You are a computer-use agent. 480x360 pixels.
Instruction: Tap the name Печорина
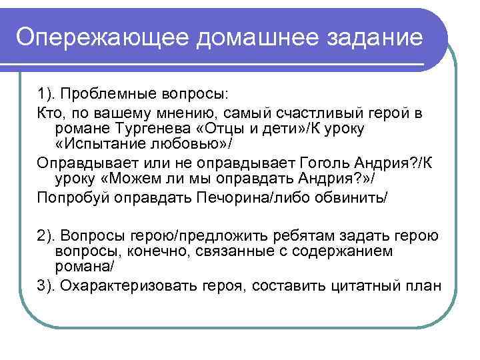click(x=221, y=198)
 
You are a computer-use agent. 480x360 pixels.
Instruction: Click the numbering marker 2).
click(x=47, y=235)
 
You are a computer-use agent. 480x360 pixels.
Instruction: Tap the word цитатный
click(x=363, y=286)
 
